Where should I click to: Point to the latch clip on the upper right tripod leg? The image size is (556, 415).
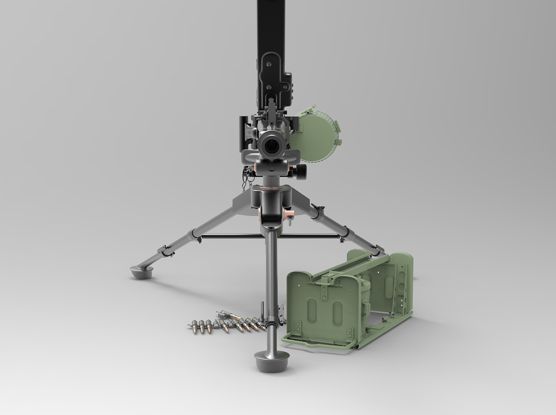(x=317, y=207)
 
